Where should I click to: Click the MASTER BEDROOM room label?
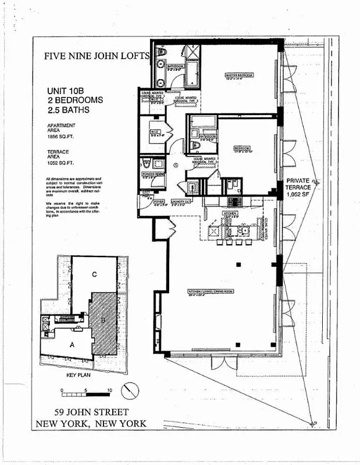pyautogui.click(x=238, y=76)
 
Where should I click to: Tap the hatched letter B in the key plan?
pyautogui.click(x=103, y=317)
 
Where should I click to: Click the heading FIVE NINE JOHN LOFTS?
pyautogui.click(x=97, y=56)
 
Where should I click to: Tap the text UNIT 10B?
pyautogui.click(x=65, y=91)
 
